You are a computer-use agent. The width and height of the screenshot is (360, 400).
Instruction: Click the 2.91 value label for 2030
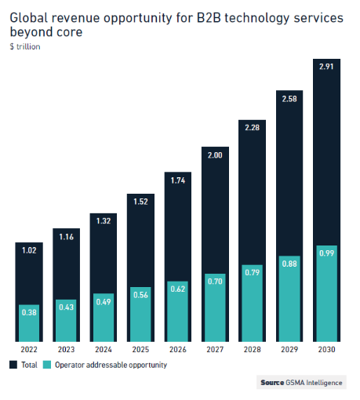(326, 68)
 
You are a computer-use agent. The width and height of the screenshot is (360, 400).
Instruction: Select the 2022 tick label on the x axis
(28, 349)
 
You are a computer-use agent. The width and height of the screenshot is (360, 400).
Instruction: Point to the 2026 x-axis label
(177, 349)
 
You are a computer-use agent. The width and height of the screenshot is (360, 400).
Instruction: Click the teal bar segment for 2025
(140, 314)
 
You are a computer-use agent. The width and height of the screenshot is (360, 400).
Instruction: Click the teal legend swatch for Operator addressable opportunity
(47, 365)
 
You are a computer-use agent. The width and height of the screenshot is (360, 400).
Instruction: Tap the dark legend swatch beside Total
(14, 365)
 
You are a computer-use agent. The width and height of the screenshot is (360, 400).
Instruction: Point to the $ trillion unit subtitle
(24, 47)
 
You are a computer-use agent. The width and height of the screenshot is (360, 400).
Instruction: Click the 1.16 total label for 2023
(66, 237)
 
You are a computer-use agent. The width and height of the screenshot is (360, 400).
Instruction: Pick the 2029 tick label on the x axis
(289, 349)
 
